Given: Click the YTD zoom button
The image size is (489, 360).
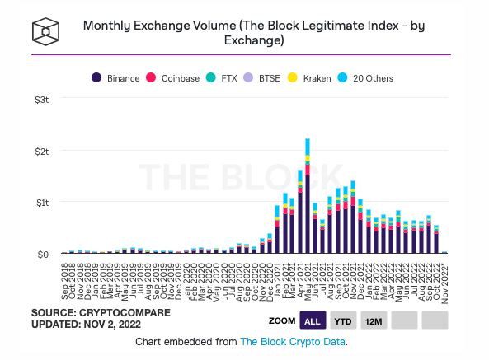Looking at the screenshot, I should tap(341, 320).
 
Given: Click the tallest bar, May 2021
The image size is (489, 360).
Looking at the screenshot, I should tap(308, 198).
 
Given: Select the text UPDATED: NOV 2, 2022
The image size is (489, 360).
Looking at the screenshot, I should tap(85, 326).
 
